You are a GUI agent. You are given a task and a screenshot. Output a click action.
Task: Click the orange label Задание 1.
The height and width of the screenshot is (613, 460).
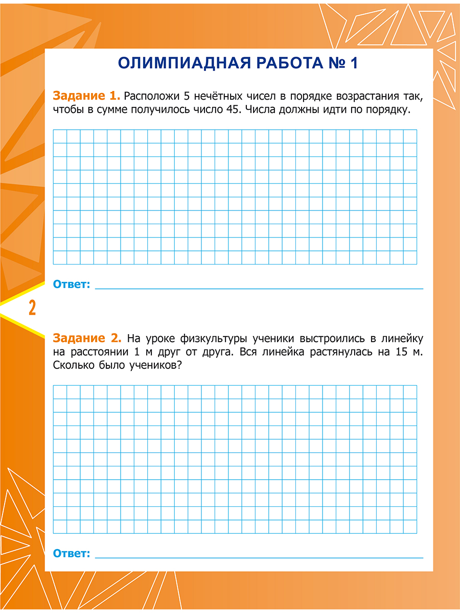(x=86, y=96)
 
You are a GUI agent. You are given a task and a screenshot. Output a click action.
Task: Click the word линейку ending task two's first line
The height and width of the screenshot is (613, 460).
(x=401, y=338)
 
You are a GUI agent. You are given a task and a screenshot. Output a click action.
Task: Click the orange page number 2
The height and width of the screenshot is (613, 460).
(x=32, y=309)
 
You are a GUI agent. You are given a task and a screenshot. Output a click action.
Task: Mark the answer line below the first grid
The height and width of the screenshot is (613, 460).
(x=259, y=289)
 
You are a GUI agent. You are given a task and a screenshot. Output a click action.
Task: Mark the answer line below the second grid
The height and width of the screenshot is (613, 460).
(x=259, y=557)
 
